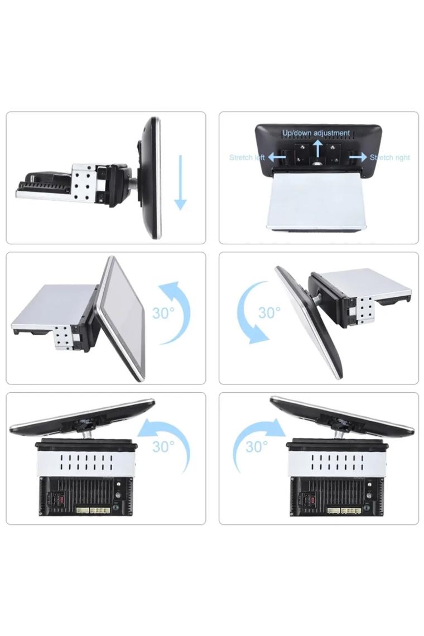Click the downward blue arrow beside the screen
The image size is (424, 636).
click(181, 182)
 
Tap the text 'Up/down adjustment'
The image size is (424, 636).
click(316, 133)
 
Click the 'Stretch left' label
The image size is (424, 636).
click(247, 157)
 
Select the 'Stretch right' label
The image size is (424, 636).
click(390, 157)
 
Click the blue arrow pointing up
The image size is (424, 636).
click(317, 148)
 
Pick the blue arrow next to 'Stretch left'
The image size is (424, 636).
click(276, 157)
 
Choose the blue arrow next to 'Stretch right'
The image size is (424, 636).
click(358, 157)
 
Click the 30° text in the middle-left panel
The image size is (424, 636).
click(163, 313)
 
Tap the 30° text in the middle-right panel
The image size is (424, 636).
click(269, 312)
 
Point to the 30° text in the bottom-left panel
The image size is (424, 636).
click(163, 446)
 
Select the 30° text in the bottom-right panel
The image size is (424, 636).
click(257, 446)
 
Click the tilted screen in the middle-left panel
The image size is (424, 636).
click(121, 319)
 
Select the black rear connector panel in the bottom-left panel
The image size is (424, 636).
click(86, 496)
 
